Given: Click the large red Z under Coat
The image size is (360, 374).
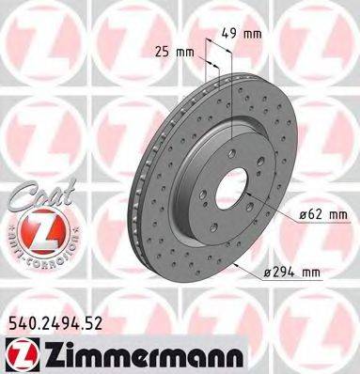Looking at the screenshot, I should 35,227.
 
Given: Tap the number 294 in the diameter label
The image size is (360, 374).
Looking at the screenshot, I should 288,273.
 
